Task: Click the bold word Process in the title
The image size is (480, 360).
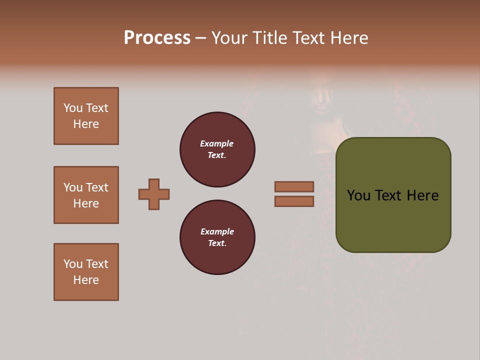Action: click(157, 38)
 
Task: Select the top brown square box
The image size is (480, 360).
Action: click(86, 116)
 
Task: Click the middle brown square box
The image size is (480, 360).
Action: click(86, 195)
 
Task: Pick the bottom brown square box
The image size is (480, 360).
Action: click(86, 272)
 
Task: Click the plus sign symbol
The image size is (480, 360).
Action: click(154, 194)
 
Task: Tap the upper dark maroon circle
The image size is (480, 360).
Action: click(217, 149)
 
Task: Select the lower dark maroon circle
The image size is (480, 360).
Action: click(217, 237)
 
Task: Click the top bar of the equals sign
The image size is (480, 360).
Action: click(294, 186)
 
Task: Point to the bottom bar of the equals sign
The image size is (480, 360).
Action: click(294, 201)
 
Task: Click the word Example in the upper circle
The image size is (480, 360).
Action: click(216, 143)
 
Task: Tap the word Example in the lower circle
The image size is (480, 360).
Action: click(217, 231)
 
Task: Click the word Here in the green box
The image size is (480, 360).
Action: click(422, 195)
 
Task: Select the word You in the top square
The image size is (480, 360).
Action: click(72, 108)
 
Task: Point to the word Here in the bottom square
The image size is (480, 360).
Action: click(86, 280)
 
